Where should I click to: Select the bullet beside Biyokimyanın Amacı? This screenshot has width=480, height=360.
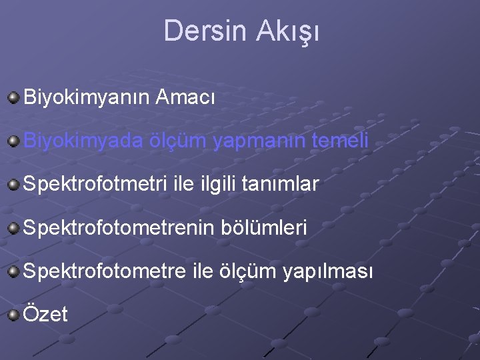(13, 98)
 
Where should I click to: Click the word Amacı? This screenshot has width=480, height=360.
(185, 98)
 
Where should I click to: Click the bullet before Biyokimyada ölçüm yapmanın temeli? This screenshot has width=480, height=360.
(13, 141)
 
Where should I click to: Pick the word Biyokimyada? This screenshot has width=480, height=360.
(83, 141)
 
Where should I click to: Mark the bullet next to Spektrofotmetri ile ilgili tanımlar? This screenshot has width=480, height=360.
(13, 184)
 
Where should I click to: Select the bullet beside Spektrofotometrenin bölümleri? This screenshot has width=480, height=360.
(13, 228)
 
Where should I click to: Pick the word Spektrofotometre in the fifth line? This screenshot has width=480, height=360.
(107, 271)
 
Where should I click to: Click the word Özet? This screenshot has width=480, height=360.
(45, 314)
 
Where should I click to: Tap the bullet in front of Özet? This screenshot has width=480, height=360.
(13, 314)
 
